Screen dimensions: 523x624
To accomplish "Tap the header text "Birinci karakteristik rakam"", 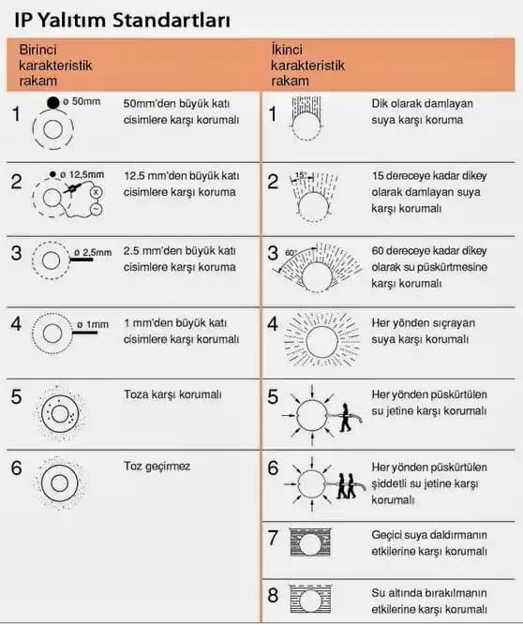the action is coord(55,66).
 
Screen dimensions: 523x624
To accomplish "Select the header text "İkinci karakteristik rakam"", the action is coord(307,66).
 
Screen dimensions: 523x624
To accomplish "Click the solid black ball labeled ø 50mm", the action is coord(52,103).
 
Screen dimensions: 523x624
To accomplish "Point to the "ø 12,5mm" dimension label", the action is coord(82,174).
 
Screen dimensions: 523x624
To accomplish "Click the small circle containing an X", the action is coord(96,193).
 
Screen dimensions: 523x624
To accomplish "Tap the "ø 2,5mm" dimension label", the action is coord(93,252).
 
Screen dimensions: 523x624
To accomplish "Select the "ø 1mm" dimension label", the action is coord(93,325).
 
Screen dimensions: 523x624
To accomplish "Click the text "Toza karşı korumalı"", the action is coord(172,394).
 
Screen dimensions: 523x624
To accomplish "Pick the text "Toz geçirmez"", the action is coord(157,466).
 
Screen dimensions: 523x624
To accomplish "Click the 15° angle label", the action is coord(301,174).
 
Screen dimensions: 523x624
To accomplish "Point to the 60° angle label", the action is coord(291,253).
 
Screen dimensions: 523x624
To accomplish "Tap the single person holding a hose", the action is coord(346,418).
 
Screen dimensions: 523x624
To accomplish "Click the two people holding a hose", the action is coord(346,486).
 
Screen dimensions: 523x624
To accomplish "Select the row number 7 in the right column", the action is coord(273,538).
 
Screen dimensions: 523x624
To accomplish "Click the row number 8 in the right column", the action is coord(273,595).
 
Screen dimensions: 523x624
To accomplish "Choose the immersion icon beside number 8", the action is coord(310,599).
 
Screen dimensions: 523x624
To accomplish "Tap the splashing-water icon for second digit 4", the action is coord(322,340).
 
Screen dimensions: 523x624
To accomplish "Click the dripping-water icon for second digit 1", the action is coord(306,118).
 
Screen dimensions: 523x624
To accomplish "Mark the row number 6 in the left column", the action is coord(16,468).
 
